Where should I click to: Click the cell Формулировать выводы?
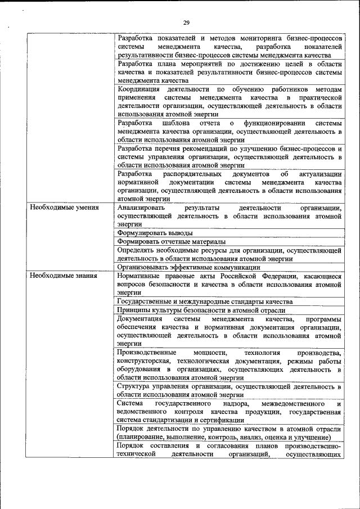point(155,232)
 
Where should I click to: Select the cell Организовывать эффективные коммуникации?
point(188,267)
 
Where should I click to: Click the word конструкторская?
point(144,361)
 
